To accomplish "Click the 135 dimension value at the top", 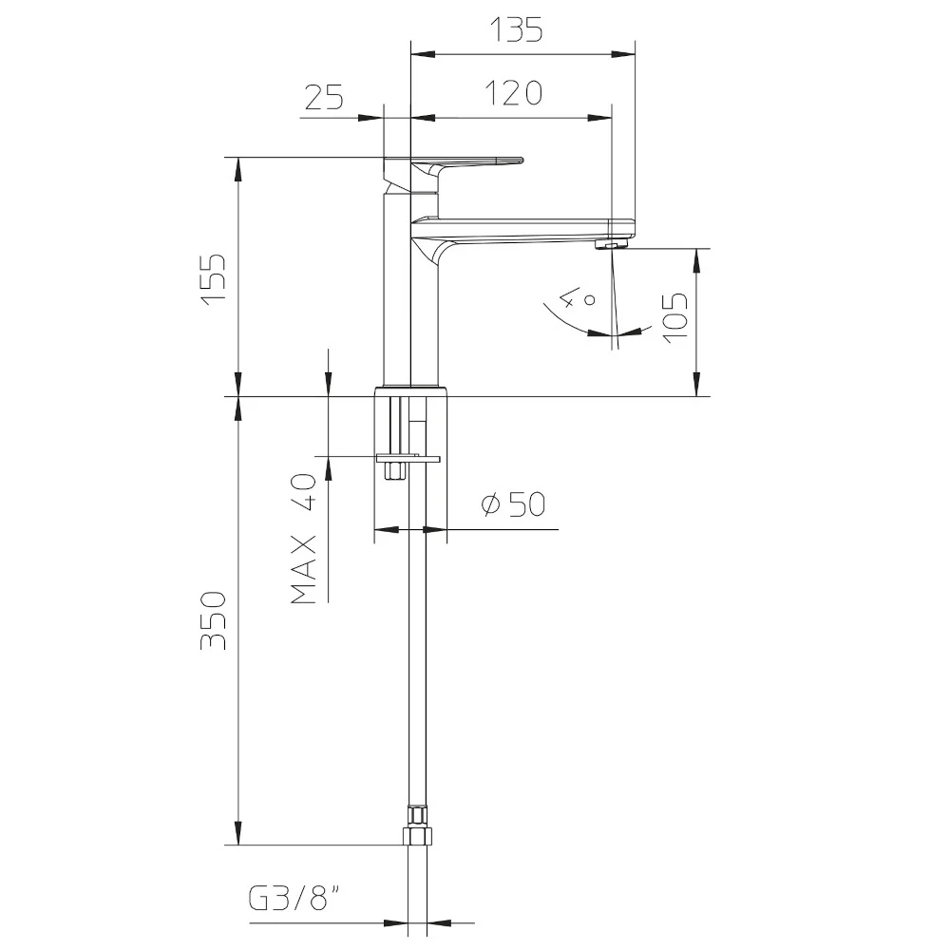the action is click(516, 29).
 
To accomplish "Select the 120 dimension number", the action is click(514, 93).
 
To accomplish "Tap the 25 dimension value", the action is click(324, 97).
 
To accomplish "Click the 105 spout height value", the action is click(675, 318).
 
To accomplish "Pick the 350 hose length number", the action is click(213, 620).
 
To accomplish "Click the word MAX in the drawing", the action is click(304, 569).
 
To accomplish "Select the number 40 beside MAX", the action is click(304, 493).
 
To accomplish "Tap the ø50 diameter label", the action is click(513, 504).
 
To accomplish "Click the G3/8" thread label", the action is click(295, 899).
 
